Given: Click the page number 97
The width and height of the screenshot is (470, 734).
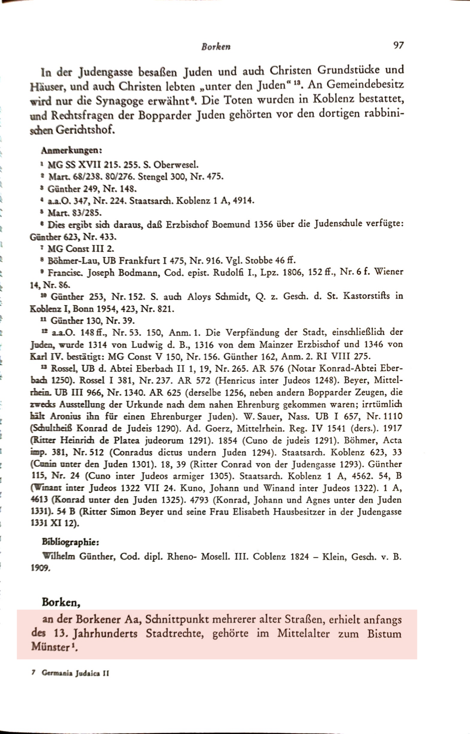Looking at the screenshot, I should click(x=398, y=45).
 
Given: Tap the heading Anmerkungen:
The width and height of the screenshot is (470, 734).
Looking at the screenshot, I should click(x=71, y=150).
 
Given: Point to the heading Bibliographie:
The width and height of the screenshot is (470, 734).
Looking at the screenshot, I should click(x=71, y=542).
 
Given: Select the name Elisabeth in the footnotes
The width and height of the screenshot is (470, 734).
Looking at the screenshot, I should click(x=248, y=512).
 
